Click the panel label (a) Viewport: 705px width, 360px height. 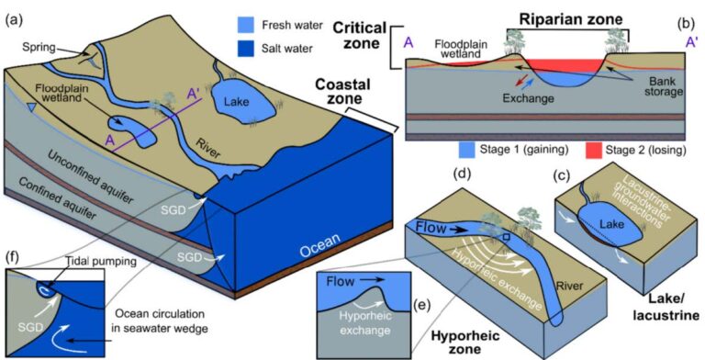point(17,15)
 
